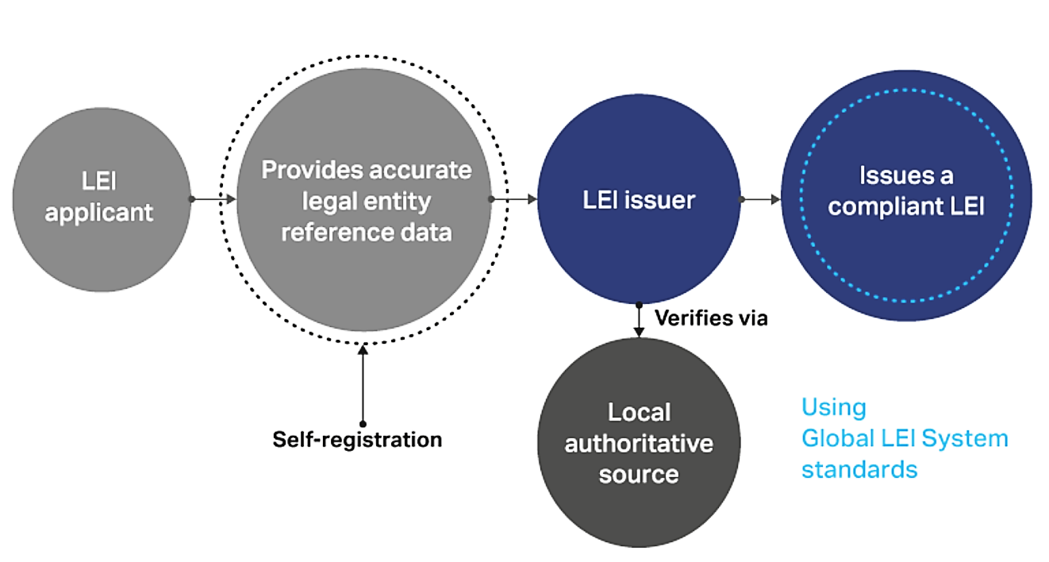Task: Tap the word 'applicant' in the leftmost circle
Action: [x=98, y=213]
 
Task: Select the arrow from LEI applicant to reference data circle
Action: [x=213, y=199]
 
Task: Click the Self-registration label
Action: [x=357, y=439]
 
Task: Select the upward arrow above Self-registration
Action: [x=363, y=385]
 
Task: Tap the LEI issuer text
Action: [x=639, y=200]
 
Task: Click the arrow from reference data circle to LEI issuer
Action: [x=513, y=199]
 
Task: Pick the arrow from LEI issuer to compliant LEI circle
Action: [x=760, y=199]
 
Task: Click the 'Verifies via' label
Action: [x=711, y=318]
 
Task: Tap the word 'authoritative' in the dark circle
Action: [x=639, y=443]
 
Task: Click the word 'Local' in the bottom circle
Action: [x=639, y=413]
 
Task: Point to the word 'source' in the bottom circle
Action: [x=639, y=474]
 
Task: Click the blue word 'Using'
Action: [x=833, y=407]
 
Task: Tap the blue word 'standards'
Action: [x=859, y=468]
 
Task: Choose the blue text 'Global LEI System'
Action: [x=905, y=438]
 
